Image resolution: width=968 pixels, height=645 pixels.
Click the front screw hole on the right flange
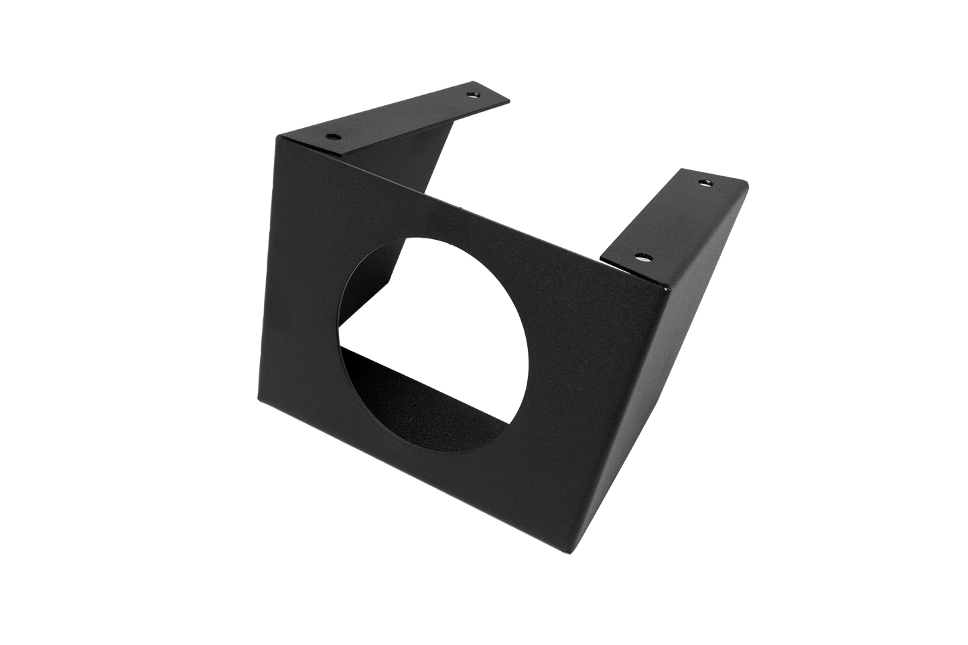641,257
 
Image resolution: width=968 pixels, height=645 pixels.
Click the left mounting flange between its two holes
402,117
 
